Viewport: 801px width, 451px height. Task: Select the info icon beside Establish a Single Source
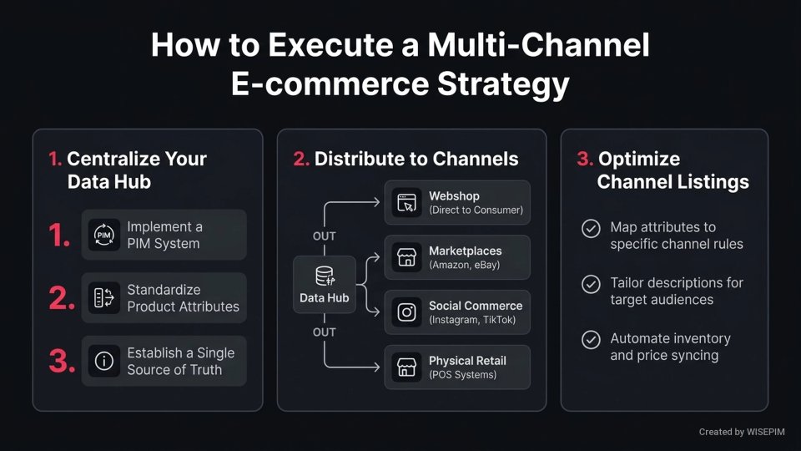pyautogui.click(x=104, y=361)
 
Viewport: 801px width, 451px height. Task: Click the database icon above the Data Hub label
pyautogui.click(x=325, y=276)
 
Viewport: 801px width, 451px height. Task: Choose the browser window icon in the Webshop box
pyautogui.click(x=407, y=202)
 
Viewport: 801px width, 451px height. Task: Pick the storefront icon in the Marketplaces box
pyautogui.click(x=407, y=257)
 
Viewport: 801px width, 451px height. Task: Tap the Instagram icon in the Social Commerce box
pyautogui.click(x=407, y=312)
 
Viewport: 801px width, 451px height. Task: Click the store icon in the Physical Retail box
pyautogui.click(x=407, y=367)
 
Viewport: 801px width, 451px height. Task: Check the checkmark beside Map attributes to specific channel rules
pyautogui.click(x=591, y=228)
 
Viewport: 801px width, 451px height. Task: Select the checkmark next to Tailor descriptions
pyautogui.click(x=591, y=283)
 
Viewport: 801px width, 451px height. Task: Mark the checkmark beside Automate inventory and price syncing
pyautogui.click(x=591, y=339)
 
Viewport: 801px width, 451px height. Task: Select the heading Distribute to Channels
pyautogui.click(x=416, y=159)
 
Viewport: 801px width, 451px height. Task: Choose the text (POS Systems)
pyautogui.click(x=462, y=375)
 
